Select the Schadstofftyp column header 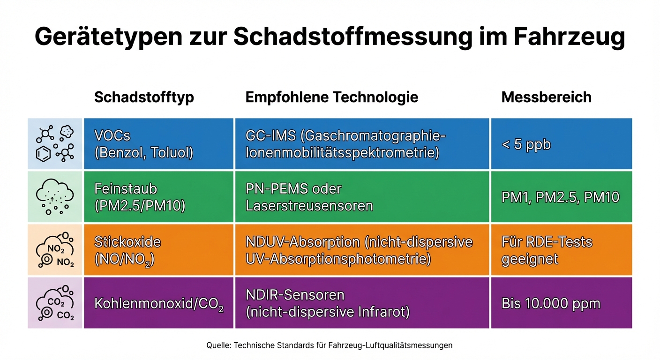coord(144,97)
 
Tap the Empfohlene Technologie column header coord(331,97)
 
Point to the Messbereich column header coord(546,97)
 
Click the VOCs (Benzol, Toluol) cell coord(158,144)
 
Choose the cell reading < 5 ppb coord(561,144)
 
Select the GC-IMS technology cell coord(362,144)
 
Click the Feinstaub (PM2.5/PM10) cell coord(158,197)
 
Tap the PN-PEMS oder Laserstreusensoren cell coord(362,197)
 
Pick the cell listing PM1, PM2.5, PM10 coord(561,197)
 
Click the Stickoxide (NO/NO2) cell coord(158,250)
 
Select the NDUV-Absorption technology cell coord(362,250)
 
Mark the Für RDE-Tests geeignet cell coord(561,250)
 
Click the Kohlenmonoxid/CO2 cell coord(158,303)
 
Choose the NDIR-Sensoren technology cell coord(362,303)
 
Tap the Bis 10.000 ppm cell coord(561,303)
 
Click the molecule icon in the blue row coord(55,144)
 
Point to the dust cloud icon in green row coord(55,197)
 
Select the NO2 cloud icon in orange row coord(55,250)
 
